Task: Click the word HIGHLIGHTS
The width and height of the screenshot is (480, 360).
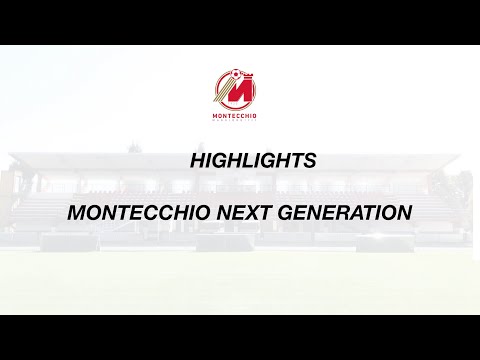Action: tap(253, 159)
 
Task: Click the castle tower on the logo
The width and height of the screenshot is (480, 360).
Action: tap(245, 77)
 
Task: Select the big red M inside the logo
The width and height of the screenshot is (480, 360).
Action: tap(237, 92)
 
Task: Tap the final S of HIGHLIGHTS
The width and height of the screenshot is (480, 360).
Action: tap(311, 159)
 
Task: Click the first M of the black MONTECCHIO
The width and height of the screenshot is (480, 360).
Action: tap(75, 213)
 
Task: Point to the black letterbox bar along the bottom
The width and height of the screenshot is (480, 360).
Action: tap(240, 337)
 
